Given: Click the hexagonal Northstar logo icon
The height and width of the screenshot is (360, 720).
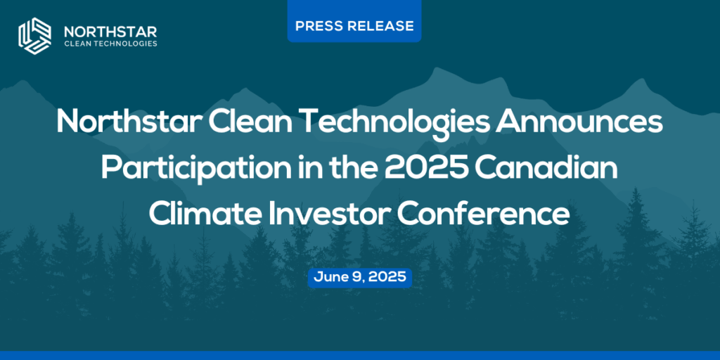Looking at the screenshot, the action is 34,36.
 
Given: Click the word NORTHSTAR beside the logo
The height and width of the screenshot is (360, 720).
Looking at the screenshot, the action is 110,32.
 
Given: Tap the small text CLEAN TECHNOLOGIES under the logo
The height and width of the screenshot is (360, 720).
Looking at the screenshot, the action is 110,44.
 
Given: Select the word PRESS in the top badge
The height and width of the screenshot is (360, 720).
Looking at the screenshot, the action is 317,26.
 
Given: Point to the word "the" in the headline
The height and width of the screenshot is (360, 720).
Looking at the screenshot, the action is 350,169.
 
